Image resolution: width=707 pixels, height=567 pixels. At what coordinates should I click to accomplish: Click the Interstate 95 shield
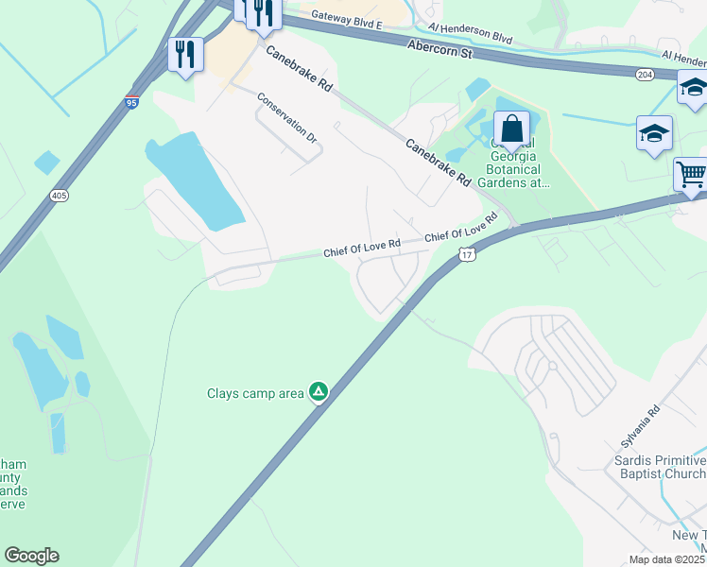click(x=131, y=100)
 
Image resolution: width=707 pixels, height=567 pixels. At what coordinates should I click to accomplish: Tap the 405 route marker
click(x=59, y=196)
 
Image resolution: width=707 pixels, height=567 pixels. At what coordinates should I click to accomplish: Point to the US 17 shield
click(x=466, y=255)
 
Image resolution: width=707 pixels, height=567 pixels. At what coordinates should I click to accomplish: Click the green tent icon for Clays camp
click(x=319, y=391)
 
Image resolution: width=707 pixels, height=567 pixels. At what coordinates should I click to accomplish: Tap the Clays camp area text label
click(x=256, y=392)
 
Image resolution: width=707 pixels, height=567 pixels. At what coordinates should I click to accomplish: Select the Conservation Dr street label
click(x=287, y=118)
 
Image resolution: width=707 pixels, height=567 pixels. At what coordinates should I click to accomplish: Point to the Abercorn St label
click(x=440, y=49)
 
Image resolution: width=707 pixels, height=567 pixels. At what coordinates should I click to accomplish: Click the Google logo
click(x=31, y=556)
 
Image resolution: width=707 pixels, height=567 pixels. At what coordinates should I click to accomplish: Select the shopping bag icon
click(x=511, y=129)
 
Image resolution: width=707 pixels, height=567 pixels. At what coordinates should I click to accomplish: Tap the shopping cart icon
click(x=691, y=175)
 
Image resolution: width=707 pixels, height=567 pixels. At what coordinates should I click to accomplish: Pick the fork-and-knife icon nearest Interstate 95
click(x=185, y=54)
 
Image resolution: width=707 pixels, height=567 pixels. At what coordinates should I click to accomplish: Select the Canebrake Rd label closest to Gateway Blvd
click(x=300, y=69)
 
